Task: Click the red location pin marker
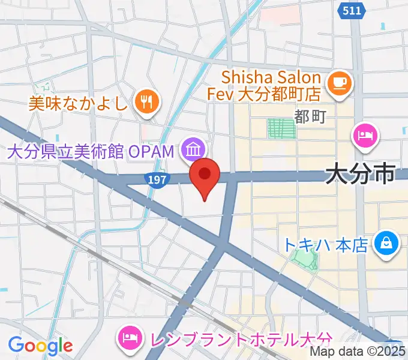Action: point(205,175)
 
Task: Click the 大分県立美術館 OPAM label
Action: point(91,150)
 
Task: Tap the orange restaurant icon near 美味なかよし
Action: point(147,101)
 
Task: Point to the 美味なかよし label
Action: point(79,103)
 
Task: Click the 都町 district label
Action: point(310,116)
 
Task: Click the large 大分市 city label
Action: point(360,175)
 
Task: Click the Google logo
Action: point(40,346)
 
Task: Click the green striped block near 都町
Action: point(281,128)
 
